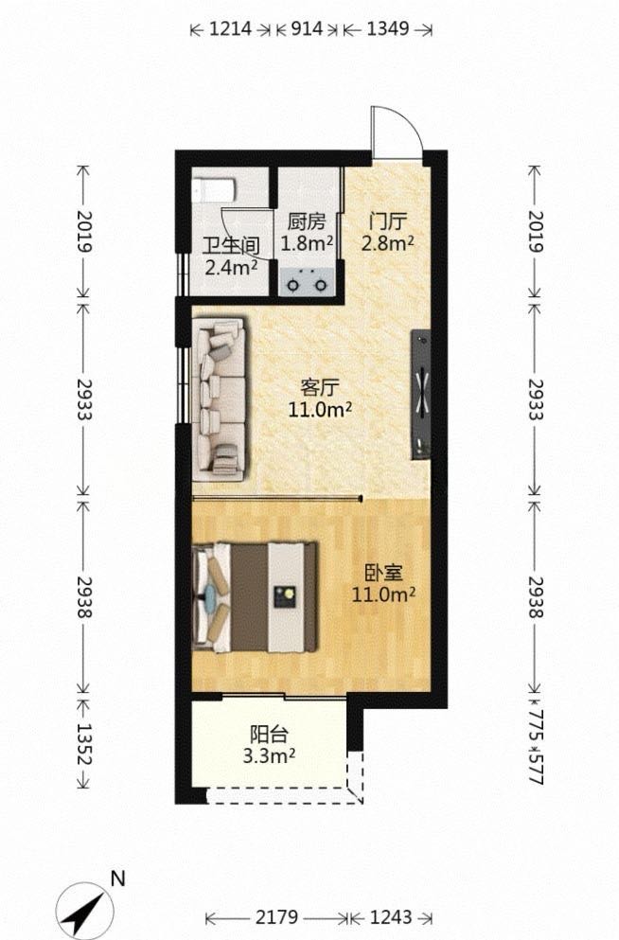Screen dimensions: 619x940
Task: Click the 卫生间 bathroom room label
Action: (231, 246)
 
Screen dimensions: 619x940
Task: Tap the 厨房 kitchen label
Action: (307, 222)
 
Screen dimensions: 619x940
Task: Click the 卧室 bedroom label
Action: (383, 573)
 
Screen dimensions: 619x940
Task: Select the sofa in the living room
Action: (220, 399)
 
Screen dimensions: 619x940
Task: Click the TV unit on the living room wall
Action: (420, 395)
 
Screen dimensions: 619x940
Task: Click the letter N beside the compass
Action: (118, 878)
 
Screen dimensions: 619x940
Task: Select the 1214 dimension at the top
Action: (230, 28)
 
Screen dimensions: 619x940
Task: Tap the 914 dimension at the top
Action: (307, 28)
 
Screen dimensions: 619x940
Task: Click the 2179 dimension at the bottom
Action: (276, 917)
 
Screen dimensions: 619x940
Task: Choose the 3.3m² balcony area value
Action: (269, 756)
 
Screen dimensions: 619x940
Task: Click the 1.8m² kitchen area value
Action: (307, 243)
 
